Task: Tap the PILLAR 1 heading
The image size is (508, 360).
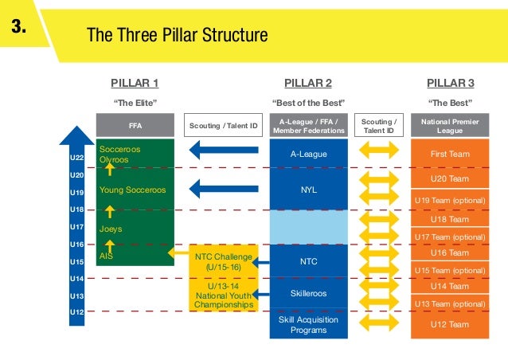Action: pyautogui.click(x=135, y=83)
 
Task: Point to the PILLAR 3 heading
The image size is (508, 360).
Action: pyautogui.click(x=450, y=83)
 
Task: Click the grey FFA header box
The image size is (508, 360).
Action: pyautogui.click(x=135, y=125)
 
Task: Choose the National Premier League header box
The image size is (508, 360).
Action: pyautogui.click(x=451, y=125)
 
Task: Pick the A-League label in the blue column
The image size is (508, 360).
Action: pyautogui.click(x=308, y=154)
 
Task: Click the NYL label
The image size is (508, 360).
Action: pyautogui.click(x=308, y=191)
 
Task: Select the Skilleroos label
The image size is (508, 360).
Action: pyautogui.click(x=308, y=293)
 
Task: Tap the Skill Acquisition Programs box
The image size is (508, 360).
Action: pyautogui.click(x=308, y=325)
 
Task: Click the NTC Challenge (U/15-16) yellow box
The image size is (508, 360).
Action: pyautogui.click(x=223, y=262)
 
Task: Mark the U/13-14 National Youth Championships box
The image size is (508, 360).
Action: pyautogui.click(x=223, y=294)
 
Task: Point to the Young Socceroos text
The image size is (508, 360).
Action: pyautogui.click(x=132, y=190)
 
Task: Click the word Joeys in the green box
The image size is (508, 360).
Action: pyautogui.click(x=111, y=229)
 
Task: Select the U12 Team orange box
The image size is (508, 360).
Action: pyautogui.click(x=450, y=325)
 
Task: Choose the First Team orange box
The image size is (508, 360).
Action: pyautogui.click(x=450, y=154)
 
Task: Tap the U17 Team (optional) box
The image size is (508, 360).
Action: pyautogui.click(x=450, y=237)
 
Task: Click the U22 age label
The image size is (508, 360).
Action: pyautogui.click(x=76, y=158)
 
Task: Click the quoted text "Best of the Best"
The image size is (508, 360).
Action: pyautogui.click(x=308, y=103)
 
